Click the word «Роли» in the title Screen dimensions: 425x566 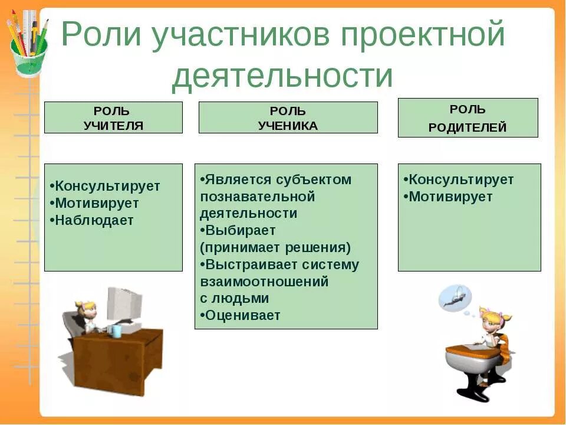click(100, 37)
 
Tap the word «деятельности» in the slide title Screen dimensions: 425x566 click(282, 76)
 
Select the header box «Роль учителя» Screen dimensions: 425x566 click(113, 117)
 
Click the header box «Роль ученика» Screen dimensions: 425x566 click(288, 117)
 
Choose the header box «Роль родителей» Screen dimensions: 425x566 click(468, 118)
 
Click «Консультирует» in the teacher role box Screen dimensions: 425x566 click(107, 186)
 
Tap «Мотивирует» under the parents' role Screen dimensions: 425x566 click(450, 197)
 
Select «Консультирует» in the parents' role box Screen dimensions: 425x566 click(460, 179)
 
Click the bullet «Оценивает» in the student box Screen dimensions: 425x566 click(242, 315)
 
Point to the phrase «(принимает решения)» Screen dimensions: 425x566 click(275, 247)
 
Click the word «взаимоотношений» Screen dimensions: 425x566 click(264, 282)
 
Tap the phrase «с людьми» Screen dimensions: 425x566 click(234, 298)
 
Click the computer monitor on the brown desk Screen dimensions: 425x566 click(124, 305)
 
